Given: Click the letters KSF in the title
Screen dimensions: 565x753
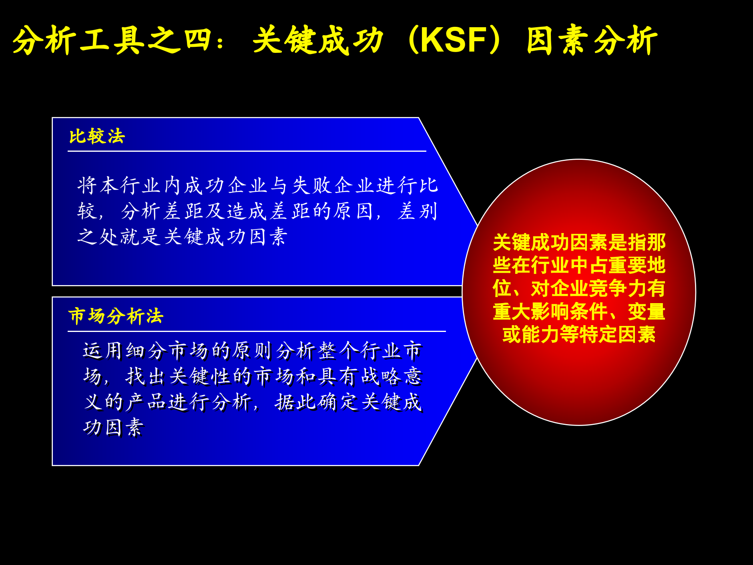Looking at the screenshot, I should click(x=454, y=40).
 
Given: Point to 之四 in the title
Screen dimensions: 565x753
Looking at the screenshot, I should click(x=180, y=40).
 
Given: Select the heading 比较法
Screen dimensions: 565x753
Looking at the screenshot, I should click(x=97, y=137).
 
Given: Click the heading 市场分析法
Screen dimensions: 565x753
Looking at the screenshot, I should click(x=116, y=316).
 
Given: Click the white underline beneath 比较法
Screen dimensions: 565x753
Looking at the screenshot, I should click(x=247, y=151).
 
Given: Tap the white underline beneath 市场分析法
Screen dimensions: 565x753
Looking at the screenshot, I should click(x=256, y=331).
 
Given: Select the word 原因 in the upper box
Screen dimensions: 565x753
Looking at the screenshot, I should click(x=354, y=211).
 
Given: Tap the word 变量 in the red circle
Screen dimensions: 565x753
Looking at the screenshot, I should click(x=647, y=312).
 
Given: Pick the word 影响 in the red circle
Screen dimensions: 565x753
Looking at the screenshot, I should click(x=550, y=312).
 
